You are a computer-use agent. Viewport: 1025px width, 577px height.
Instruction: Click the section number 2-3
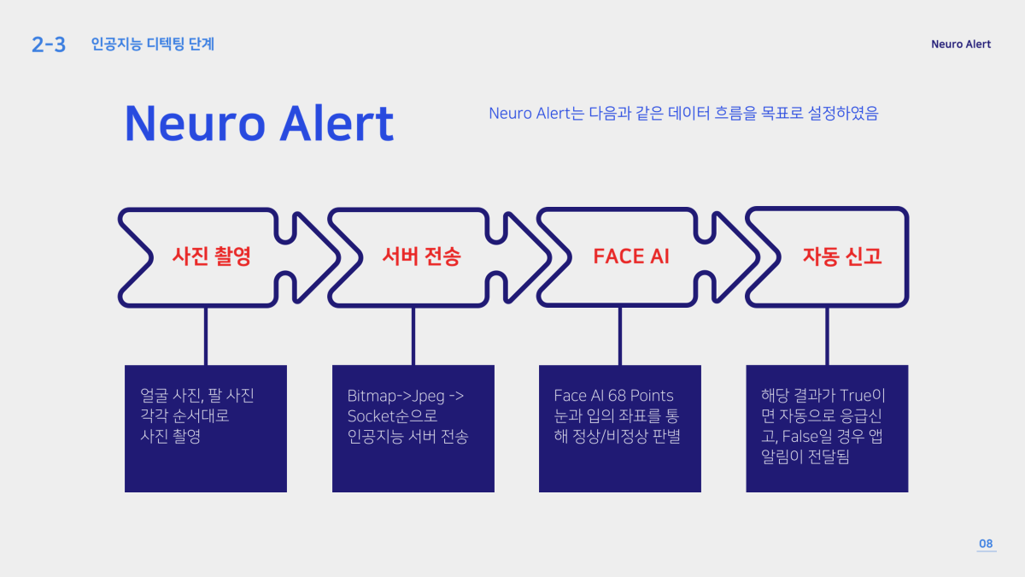tap(48, 44)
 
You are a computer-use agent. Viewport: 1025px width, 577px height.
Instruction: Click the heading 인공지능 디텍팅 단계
tap(153, 44)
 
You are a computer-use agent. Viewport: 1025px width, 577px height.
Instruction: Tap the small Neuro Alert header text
tap(961, 44)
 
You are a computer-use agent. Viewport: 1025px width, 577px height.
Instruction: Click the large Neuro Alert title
tap(259, 123)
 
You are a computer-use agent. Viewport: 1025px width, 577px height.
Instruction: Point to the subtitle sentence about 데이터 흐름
tap(683, 113)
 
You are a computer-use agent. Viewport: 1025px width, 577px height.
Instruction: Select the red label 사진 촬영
tap(211, 256)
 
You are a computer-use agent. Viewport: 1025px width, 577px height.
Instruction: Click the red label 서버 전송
tap(421, 256)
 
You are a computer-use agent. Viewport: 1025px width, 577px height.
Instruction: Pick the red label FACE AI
tap(631, 256)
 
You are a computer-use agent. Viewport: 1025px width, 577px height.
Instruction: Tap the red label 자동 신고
tap(841, 256)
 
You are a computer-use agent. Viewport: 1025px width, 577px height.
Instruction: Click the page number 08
tap(986, 544)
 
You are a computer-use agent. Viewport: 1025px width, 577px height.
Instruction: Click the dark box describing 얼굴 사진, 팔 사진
tap(206, 428)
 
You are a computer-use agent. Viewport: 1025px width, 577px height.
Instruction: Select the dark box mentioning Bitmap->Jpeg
tap(413, 428)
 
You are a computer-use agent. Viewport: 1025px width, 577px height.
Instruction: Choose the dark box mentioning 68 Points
tap(620, 428)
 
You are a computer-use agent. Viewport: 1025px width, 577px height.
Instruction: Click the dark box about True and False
tap(827, 428)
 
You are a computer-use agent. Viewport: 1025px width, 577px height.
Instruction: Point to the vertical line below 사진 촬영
tap(206, 336)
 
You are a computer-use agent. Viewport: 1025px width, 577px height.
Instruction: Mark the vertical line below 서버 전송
tap(413, 336)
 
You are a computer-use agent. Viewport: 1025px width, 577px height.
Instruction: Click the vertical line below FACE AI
tap(620, 336)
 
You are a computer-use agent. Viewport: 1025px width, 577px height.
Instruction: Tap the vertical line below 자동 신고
tap(827, 336)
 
